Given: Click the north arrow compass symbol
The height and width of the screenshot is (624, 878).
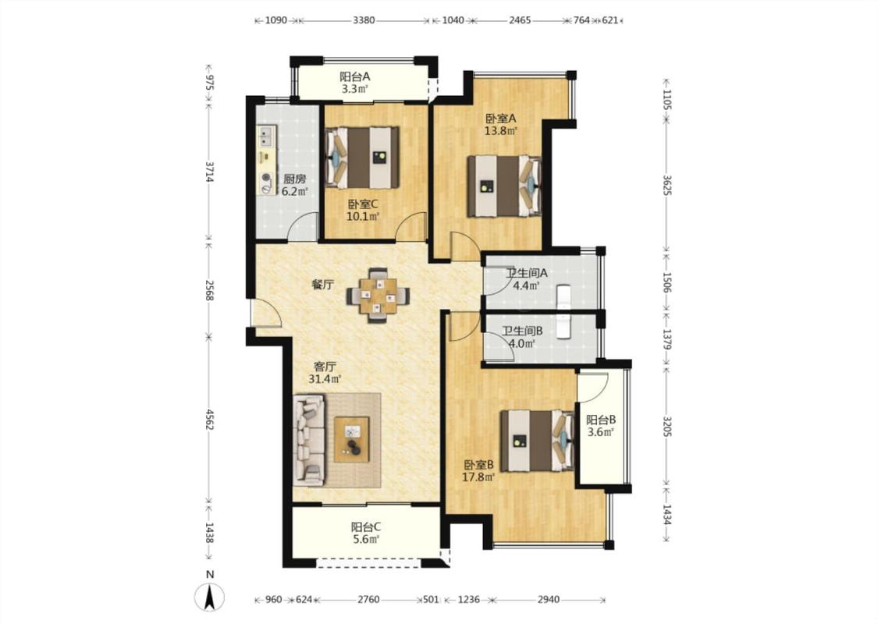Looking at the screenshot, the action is click(210, 597).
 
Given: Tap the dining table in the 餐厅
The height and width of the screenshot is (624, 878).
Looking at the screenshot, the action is click(378, 296).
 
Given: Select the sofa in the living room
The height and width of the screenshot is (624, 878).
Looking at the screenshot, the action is click(308, 440).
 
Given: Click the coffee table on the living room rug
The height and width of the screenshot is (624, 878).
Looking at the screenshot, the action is click(352, 439).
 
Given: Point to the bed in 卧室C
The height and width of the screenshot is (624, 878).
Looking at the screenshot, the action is click(362, 158).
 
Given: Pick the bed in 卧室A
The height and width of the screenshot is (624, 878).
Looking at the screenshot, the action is click(504, 186).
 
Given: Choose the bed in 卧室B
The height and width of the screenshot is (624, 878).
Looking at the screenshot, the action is click(537, 441).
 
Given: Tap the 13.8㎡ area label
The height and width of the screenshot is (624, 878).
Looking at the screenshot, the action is click(500, 132).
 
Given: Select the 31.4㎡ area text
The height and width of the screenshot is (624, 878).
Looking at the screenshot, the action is click(325, 379).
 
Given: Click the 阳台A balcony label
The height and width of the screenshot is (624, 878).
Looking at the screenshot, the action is click(354, 76).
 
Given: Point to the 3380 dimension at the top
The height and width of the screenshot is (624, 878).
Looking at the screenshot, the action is click(364, 20).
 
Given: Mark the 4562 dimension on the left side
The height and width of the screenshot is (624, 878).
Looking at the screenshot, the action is click(209, 420).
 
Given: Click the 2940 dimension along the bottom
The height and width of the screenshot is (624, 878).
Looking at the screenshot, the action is click(548, 599).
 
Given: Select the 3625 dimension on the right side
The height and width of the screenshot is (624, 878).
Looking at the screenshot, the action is click(666, 185).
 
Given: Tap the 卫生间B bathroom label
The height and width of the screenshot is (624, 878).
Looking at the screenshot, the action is click(522, 331).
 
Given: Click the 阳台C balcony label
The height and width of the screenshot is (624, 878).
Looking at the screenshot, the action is click(366, 526).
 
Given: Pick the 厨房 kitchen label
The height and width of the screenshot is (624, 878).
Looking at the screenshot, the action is click(294, 179).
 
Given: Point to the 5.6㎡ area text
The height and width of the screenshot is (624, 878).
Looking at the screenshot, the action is click(366, 540).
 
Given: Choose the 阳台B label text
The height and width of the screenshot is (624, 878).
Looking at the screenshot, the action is click(601, 419).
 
